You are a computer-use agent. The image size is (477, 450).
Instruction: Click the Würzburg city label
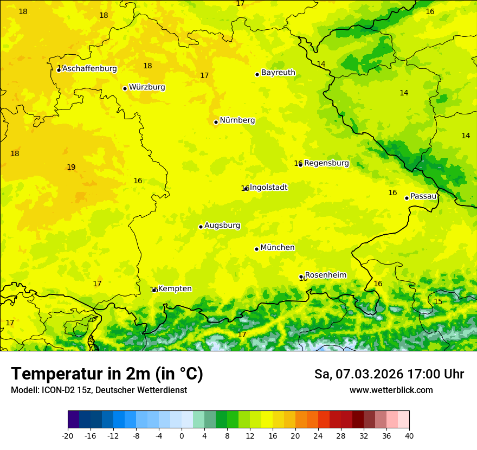pyautogui.click(x=147, y=87)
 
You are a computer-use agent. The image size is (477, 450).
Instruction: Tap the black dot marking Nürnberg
pyautogui.click(x=216, y=122)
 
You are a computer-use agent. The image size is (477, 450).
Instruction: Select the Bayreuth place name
pyautogui.click(x=278, y=73)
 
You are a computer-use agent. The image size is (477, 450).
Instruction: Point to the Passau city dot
pyautogui.click(x=407, y=198)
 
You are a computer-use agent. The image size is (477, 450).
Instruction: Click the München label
pyautogui.click(x=278, y=248)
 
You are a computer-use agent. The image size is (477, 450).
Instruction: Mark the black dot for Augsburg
pyautogui.click(x=201, y=227)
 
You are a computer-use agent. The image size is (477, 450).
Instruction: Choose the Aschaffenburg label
pyautogui.click(x=89, y=69)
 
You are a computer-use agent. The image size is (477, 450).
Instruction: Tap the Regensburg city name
pyautogui.click(x=326, y=163)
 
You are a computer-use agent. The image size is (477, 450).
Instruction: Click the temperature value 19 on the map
pyautogui.click(x=71, y=168)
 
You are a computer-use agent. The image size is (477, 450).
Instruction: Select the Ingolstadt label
pyautogui.click(x=268, y=188)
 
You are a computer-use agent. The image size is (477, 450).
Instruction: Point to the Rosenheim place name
pyautogui.click(x=325, y=275)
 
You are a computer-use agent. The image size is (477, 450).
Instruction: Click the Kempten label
pyautogui.click(x=175, y=289)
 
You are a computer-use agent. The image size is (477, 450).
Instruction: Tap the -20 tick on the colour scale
pyautogui.click(x=68, y=436)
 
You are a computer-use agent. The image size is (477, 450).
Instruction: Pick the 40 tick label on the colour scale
pyautogui.click(x=409, y=436)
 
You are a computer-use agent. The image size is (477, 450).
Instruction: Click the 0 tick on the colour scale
pyautogui.click(x=182, y=436)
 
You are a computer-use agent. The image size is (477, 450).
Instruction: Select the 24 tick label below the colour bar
pyautogui.click(x=318, y=436)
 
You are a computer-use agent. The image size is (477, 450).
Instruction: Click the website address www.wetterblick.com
pyautogui.click(x=391, y=390)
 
